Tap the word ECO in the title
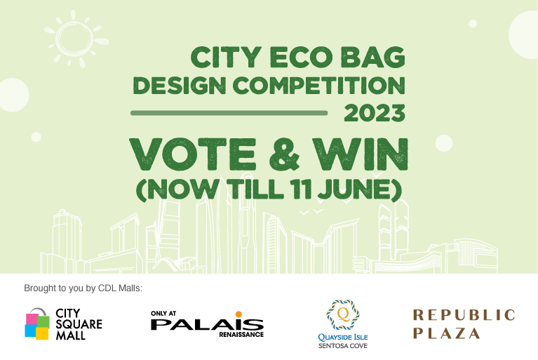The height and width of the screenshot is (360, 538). coord(301,57)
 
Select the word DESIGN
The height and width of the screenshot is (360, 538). coord(180,86)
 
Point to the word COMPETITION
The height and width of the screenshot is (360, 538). coord(319,86)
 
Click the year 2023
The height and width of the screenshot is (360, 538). coord(375,113)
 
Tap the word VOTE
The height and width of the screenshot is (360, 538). coord(193,154)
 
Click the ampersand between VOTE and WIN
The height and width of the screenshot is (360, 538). coord(284,154)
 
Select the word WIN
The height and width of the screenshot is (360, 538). coord(361,154)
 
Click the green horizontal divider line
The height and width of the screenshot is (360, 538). coord(229,113)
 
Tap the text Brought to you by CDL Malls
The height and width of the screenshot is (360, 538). coord(83,288)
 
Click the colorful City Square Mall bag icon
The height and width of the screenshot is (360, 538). coord(37,324)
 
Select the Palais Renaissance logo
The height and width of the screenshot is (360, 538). coord(207,324)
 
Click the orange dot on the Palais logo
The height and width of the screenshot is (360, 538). coord(238,314)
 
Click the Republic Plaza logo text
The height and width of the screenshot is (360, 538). coord(464,324)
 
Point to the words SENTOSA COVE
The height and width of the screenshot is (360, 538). coord(343,346)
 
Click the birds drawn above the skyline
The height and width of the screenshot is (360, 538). coord(311,212)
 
